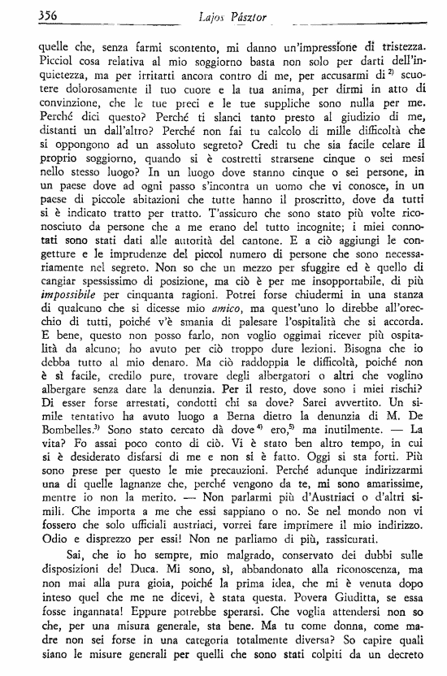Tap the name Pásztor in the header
(x=253, y=14)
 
